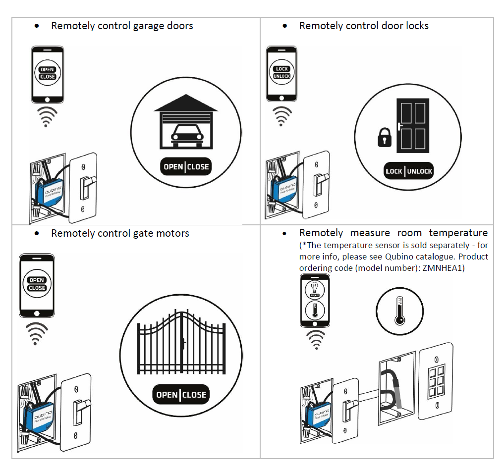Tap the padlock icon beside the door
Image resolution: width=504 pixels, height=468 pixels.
coord(385,139)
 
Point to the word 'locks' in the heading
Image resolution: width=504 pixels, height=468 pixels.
coord(416,26)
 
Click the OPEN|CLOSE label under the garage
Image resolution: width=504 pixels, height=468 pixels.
coord(186,167)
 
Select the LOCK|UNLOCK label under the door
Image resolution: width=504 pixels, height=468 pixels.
coord(409,171)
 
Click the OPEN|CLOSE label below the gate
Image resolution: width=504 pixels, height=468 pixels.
coord(181,395)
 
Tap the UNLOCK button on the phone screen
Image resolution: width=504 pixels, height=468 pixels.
coord(281,76)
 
